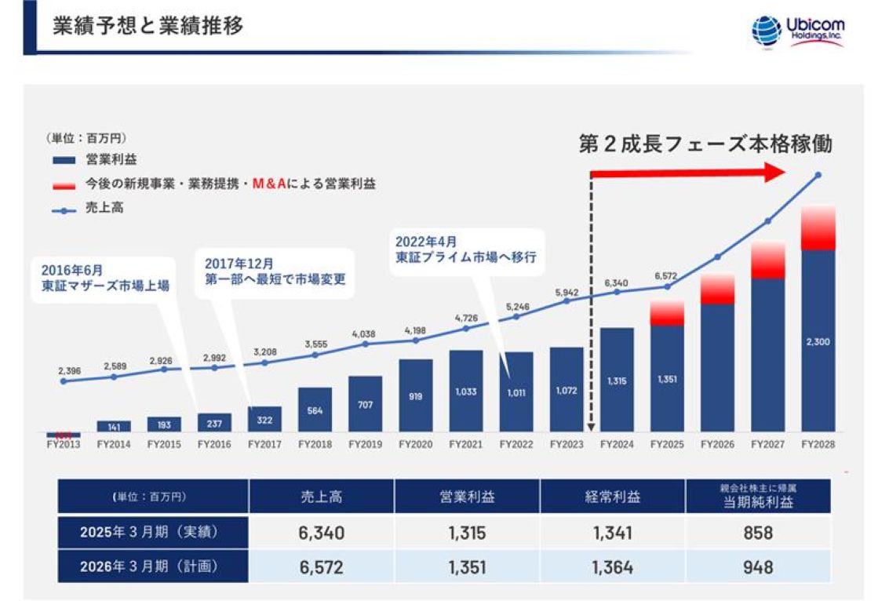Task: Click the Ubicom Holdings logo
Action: [797, 31]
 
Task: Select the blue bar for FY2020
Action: [415, 395]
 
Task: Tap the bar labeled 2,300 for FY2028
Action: [818, 341]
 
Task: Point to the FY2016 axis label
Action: [214, 444]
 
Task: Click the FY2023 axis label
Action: [566, 444]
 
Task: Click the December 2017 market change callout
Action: [275, 273]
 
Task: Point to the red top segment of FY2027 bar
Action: [768, 260]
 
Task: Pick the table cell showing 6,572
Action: [321, 566]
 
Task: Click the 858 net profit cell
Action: [757, 533]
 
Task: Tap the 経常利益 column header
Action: [612, 497]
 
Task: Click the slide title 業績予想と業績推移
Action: [148, 26]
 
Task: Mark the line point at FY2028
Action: [818, 175]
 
